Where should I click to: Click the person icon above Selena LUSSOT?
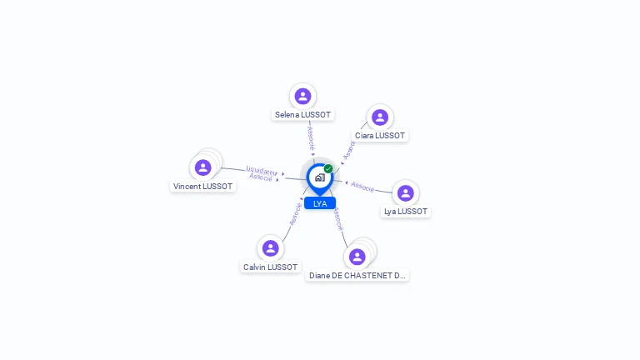(302, 97)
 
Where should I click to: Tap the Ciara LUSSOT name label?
(380, 135)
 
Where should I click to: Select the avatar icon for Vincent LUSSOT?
(202, 167)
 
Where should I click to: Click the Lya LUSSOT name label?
(405, 212)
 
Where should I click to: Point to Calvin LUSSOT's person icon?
(270, 248)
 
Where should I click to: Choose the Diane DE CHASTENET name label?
(357, 275)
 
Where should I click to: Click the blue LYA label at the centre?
(320, 203)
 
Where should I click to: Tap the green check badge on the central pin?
(328, 168)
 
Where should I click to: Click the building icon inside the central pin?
(319, 177)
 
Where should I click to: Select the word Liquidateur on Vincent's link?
(262, 170)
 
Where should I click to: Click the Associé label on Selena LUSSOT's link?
(310, 137)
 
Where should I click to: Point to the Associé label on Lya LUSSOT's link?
(362, 186)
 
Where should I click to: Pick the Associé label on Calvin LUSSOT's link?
(294, 214)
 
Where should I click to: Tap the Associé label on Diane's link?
(337, 220)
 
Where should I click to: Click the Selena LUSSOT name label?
(302, 114)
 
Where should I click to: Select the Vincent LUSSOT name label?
(202, 187)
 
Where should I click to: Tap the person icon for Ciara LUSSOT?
(380, 117)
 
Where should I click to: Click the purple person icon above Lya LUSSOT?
(406, 193)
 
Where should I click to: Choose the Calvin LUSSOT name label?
(270, 267)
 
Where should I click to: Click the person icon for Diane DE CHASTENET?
(357, 257)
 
